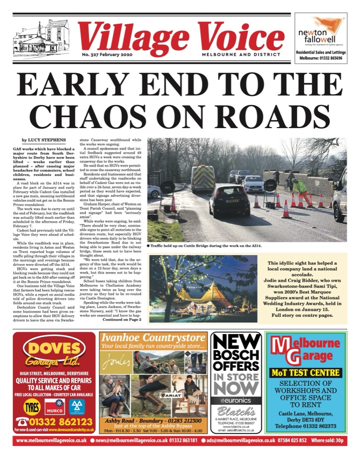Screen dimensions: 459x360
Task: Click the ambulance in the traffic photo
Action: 203,178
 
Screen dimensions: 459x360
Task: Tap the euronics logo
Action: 237,400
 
